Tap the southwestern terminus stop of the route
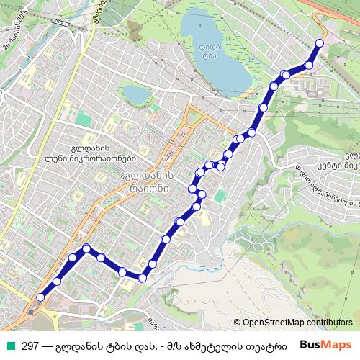[41, 297]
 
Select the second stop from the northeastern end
[310, 66]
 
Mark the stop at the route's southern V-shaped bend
[143, 277]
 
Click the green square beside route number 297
[11, 345]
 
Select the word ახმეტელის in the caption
[226, 346]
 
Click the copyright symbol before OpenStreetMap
[238, 323]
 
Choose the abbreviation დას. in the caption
[153, 346]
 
